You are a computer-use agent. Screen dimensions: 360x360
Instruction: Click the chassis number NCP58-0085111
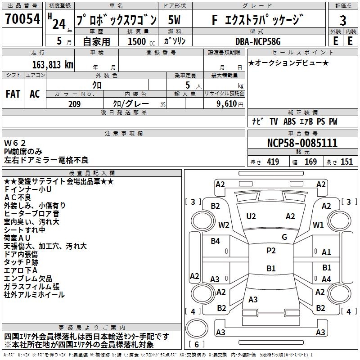point(302,143)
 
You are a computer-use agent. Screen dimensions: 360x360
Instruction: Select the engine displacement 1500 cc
point(138,41)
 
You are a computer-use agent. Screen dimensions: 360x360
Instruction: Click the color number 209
point(74,104)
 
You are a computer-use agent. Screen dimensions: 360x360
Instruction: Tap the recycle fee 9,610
point(226,104)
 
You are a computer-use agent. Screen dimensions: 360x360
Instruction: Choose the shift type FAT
point(13,94)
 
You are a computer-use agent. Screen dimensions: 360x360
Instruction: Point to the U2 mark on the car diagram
point(251,216)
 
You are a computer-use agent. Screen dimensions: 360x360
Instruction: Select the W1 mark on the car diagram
point(319,224)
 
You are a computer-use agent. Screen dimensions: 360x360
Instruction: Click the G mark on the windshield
point(284,237)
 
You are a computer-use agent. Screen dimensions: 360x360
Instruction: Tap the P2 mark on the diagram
point(271,251)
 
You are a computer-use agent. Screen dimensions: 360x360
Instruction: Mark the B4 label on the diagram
point(216,241)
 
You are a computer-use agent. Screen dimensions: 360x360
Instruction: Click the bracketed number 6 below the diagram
point(197,344)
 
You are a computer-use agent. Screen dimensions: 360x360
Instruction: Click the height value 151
point(346,162)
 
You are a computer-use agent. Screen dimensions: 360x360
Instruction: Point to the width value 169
point(310,162)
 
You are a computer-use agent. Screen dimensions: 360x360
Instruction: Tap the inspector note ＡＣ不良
point(18,198)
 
